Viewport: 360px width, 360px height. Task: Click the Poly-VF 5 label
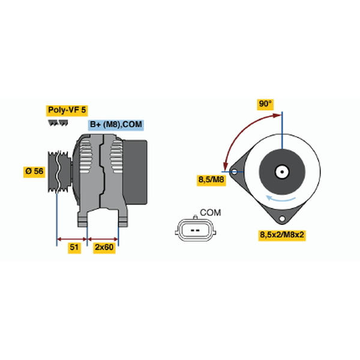coord(67,110)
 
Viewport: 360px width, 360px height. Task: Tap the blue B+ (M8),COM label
coord(116,125)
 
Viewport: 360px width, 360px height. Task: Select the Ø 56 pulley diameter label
coord(34,171)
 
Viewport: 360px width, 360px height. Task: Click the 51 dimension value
coord(74,247)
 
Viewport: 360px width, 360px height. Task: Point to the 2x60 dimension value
coord(104,247)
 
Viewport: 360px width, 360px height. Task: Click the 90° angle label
coord(265,104)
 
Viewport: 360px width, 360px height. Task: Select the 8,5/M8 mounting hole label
coord(211,179)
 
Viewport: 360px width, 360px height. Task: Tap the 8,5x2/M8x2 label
coord(282,235)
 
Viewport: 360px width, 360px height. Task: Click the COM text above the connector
coord(211,213)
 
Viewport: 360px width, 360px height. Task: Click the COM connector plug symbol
coord(196,230)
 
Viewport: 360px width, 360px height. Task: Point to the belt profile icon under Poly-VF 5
coord(58,123)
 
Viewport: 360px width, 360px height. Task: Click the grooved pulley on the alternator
coord(59,172)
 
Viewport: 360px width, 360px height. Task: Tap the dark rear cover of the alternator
coord(135,172)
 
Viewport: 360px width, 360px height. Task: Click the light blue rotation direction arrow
coord(281,199)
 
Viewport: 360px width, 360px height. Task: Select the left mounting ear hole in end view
coord(235,172)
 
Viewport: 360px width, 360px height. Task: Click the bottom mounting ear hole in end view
coord(282,218)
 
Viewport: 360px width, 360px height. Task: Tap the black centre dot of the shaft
coord(282,172)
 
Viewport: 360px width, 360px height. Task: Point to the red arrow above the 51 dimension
coord(72,239)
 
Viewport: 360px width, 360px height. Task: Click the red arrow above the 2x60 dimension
coord(103,239)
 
